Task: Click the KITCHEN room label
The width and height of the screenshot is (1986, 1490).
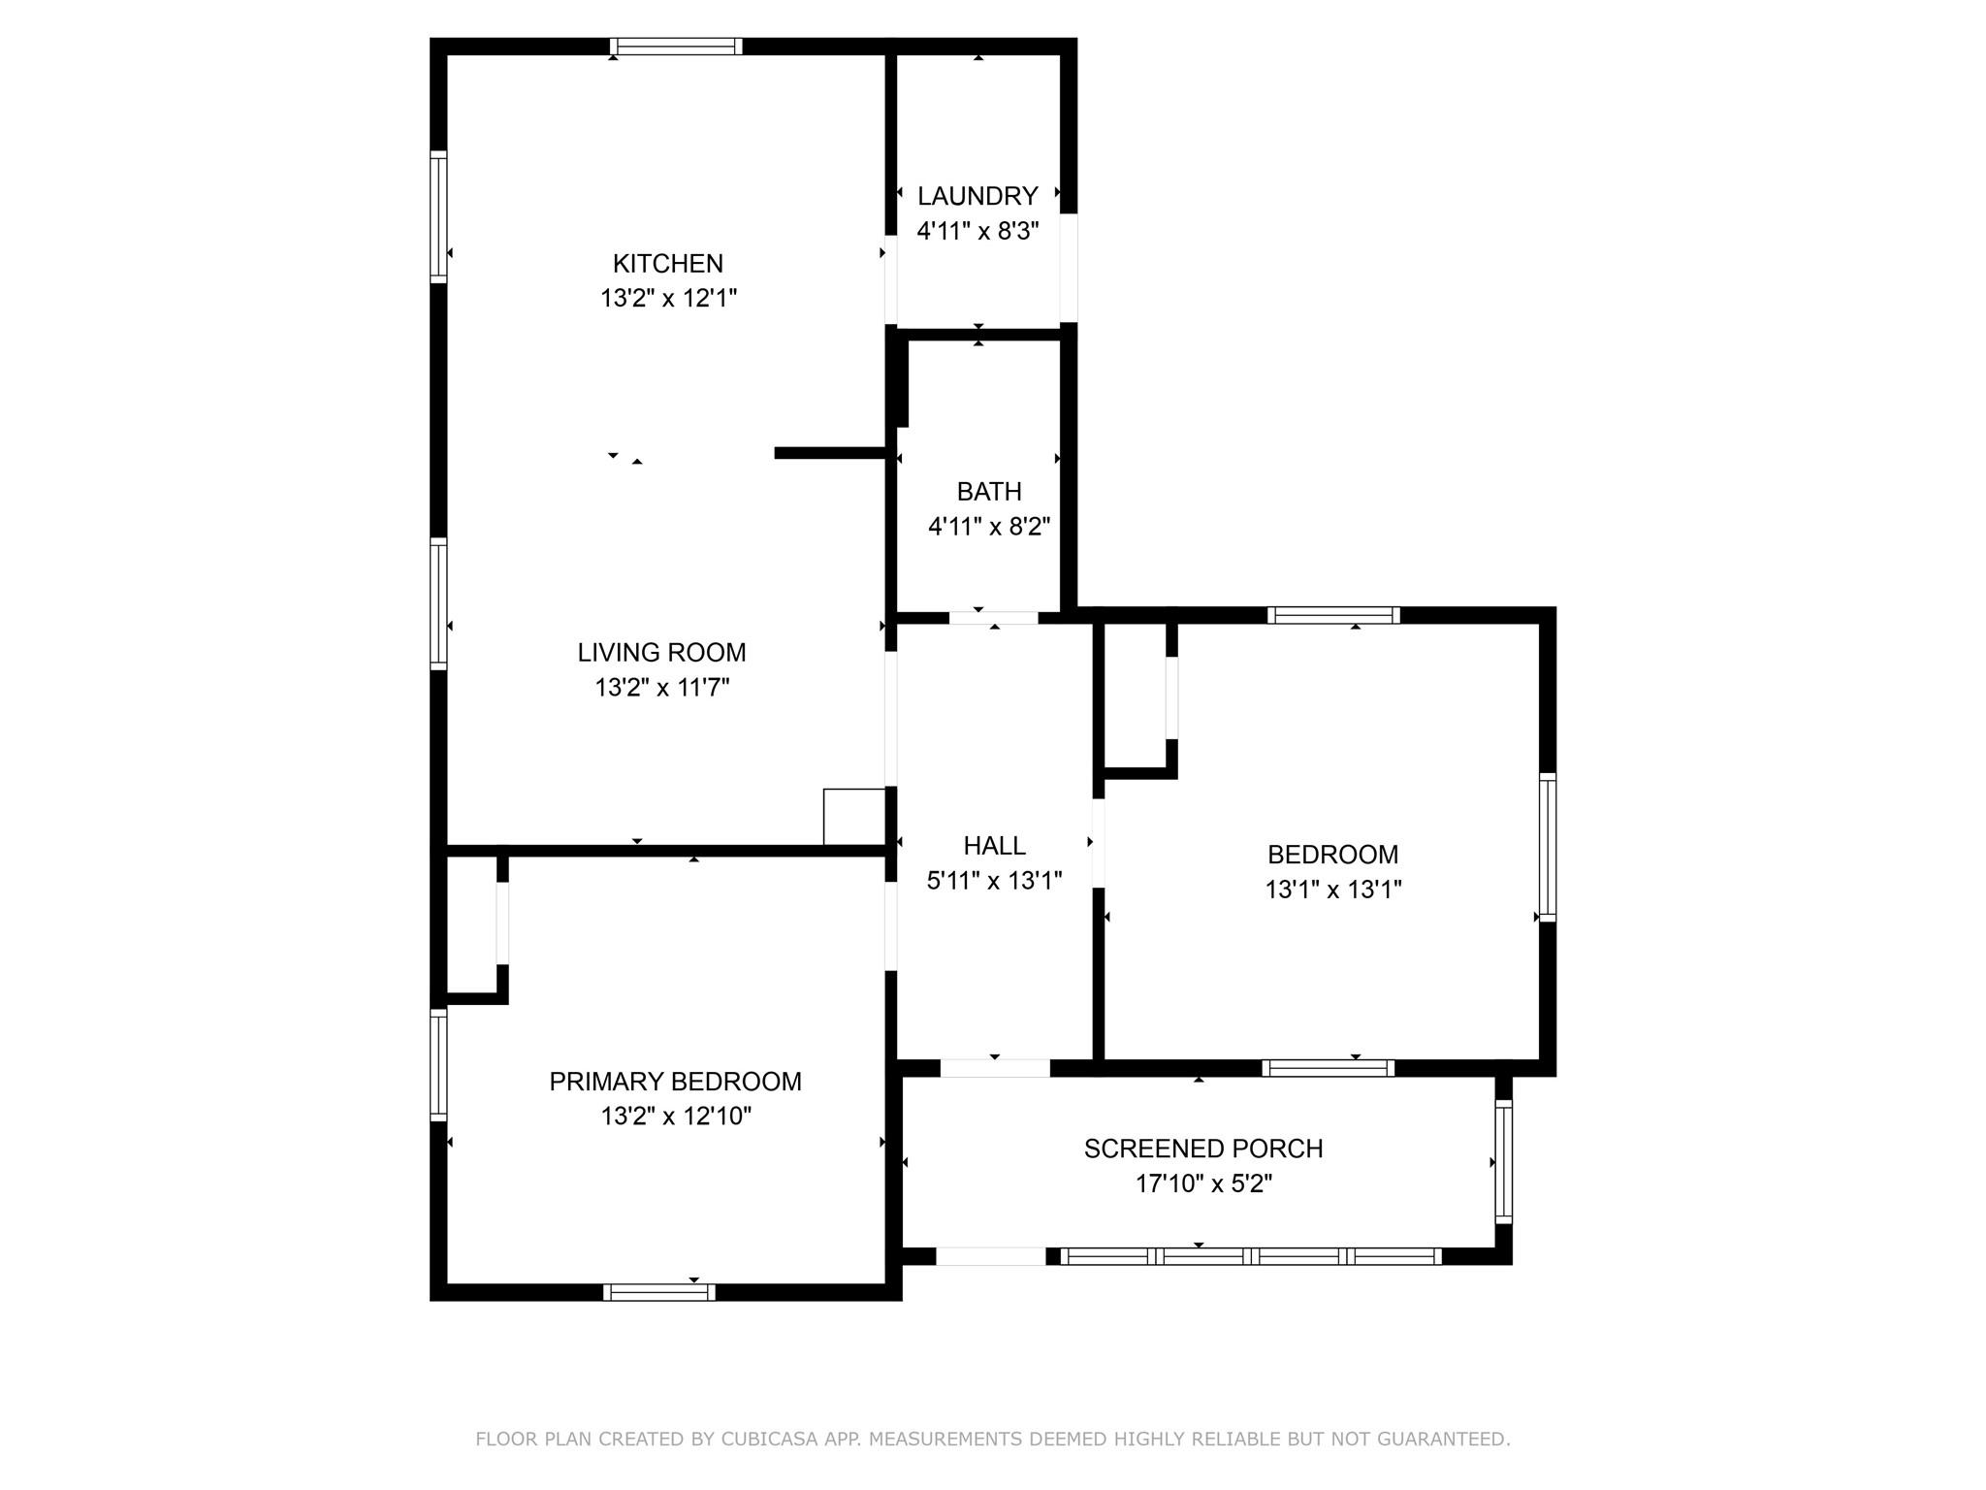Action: (667, 263)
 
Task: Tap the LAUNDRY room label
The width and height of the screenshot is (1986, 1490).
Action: (977, 196)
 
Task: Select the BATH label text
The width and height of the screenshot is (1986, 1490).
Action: (989, 492)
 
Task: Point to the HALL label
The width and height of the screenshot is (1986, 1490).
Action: (994, 846)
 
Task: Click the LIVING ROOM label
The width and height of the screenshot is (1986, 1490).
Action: (661, 653)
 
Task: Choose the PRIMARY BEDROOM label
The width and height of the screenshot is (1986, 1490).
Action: (675, 1082)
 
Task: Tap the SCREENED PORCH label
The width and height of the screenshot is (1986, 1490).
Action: (1203, 1149)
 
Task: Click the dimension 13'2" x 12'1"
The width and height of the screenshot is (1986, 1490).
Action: (668, 298)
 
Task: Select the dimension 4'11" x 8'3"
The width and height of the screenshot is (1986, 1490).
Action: (977, 231)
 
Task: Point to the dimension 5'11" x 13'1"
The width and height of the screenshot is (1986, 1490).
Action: (994, 881)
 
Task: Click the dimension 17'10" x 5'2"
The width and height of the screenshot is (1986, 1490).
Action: (1203, 1183)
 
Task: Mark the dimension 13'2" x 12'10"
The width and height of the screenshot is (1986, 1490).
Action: (675, 1117)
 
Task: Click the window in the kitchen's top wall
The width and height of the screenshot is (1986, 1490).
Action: (676, 47)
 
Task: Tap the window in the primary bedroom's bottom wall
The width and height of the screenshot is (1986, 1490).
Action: (659, 1292)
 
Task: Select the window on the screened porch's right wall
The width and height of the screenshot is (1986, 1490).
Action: (1503, 1162)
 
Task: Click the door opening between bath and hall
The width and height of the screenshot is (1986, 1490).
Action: (993, 618)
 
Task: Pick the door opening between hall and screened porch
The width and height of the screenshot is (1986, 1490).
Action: (995, 1068)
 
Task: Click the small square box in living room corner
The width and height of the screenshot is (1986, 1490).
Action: (854, 817)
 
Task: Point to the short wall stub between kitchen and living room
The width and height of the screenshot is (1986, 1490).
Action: (831, 453)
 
